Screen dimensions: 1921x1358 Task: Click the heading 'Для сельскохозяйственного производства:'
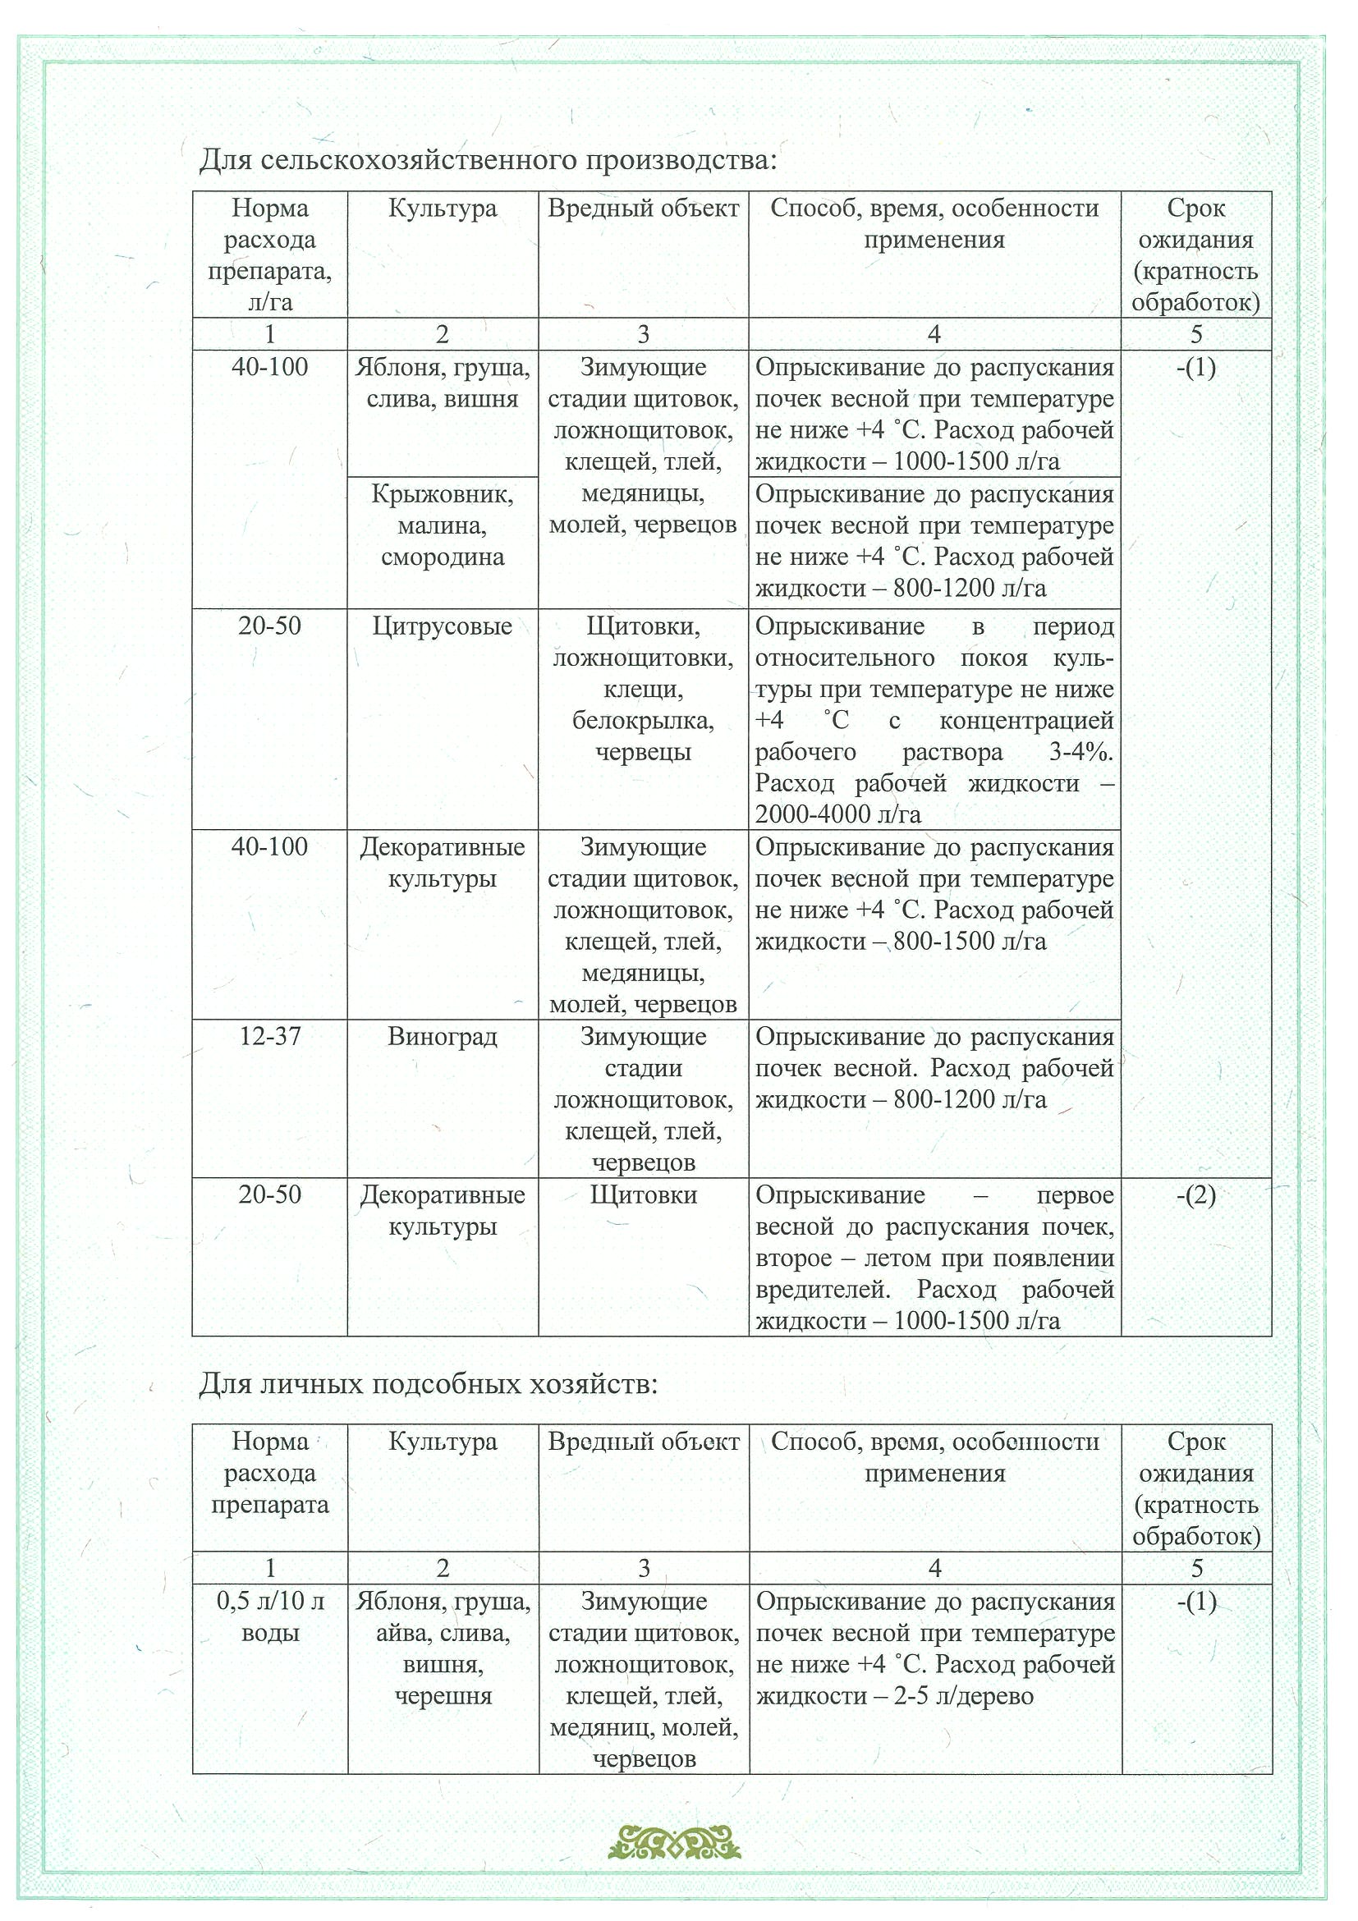pyautogui.click(x=488, y=159)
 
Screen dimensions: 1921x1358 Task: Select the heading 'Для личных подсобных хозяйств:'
pyautogui.click(x=429, y=1385)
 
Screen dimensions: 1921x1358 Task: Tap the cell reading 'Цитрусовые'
pyautogui.click(x=442, y=626)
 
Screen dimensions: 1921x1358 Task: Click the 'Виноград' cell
pyautogui.click(x=442, y=1037)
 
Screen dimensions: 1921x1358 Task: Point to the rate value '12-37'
pyautogui.click(x=269, y=1037)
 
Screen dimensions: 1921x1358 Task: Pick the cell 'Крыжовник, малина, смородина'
pyautogui.click(x=442, y=525)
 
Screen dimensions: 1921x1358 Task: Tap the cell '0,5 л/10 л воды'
pyautogui.click(x=270, y=1617)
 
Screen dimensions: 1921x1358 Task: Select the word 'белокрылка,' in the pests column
pyautogui.click(x=643, y=721)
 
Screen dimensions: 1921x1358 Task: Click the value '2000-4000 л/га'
pyautogui.click(x=837, y=814)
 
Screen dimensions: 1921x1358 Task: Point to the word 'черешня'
pyautogui.click(x=443, y=1696)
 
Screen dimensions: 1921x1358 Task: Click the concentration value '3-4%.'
pyautogui.click(x=1081, y=751)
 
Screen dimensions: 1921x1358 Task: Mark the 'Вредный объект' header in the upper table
pyautogui.click(x=643, y=209)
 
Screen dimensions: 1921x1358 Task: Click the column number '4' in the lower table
pyautogui.click(x=934, y=1568)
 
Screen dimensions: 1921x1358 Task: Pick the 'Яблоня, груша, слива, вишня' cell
pyautogui.click(x=442, y=383)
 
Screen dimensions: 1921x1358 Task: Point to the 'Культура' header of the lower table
pyautogui.click(x=443, y=1442)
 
